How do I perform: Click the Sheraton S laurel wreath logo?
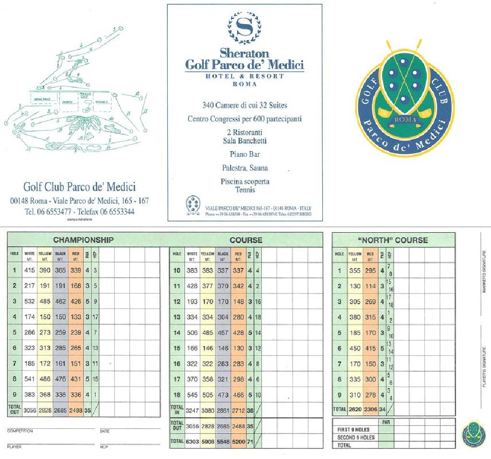(244, 28)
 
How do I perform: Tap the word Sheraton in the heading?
(244, 53)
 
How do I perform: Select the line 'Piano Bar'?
(245, 154)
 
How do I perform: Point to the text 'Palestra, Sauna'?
(245, 168)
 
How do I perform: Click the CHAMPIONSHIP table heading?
(83, 240)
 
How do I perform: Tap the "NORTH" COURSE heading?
(393, 240)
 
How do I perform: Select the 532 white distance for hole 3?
(30, 301)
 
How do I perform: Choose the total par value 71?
(250, 441)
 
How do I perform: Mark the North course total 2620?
(355, 410)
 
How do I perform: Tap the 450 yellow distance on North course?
(355, 348)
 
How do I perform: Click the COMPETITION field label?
(20, 431)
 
